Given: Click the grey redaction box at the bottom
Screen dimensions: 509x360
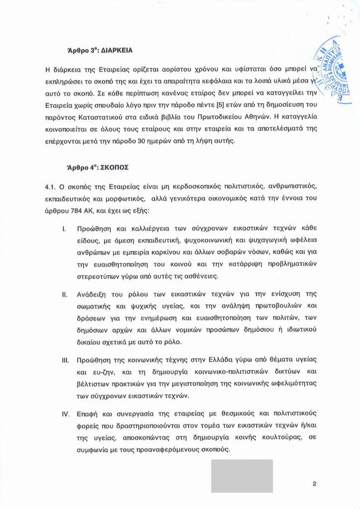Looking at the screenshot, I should coord(242,476).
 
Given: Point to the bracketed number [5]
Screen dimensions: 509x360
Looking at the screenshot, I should coord(229,107).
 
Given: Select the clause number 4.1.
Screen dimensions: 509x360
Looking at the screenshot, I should coord(52,186).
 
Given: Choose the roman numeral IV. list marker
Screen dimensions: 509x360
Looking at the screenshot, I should coord(65,414).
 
